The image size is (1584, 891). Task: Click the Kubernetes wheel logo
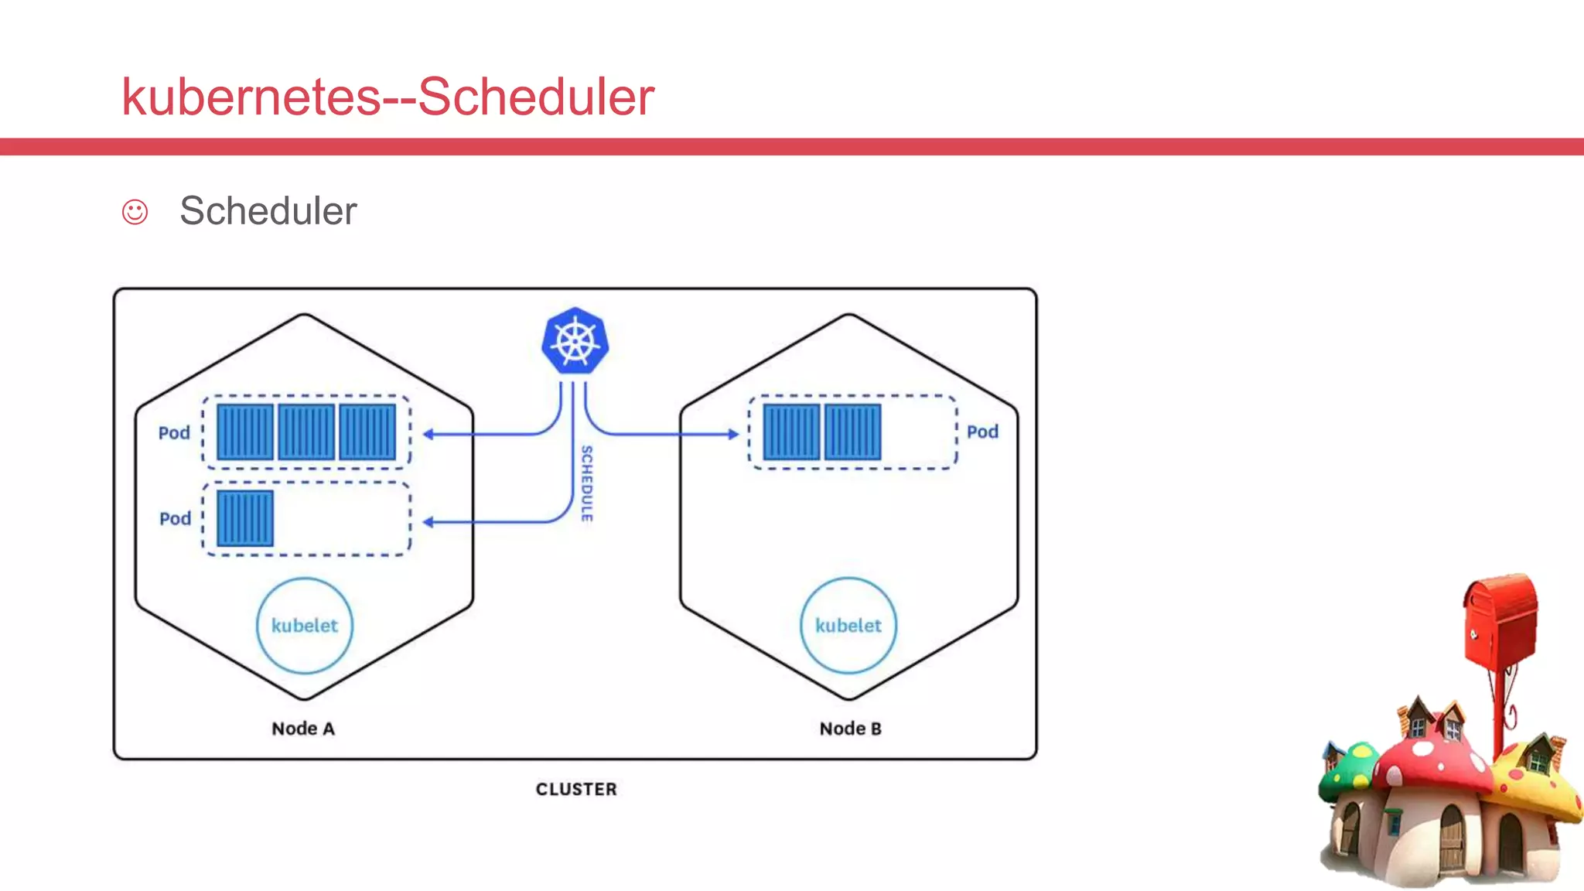click(575, 341)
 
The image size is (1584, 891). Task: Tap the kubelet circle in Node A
click(304, 626)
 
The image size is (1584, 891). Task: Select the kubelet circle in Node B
click(848, 626)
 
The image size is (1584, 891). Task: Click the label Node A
click(303, 729)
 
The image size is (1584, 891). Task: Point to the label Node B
click(850, 729)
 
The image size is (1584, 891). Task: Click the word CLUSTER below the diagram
click(576, 789)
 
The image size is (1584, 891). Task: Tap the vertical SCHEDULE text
click(587, 483)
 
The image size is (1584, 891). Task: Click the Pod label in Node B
click(982, 432)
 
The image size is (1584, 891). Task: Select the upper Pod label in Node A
click(174, 432)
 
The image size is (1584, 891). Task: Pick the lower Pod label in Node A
click(175, 518)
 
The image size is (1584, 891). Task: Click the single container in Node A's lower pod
click(245, 518)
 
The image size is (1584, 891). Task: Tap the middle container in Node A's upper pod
click(306, 432)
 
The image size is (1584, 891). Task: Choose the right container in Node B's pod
click(852, 432)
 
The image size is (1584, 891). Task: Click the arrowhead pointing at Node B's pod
click(733, 434)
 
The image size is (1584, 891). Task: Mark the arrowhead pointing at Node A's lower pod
click(428, 522)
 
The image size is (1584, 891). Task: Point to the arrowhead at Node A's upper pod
click(428, 434)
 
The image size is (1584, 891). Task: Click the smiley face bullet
click(135, 212)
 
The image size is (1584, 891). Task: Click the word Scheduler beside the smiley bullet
click(268, 211)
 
